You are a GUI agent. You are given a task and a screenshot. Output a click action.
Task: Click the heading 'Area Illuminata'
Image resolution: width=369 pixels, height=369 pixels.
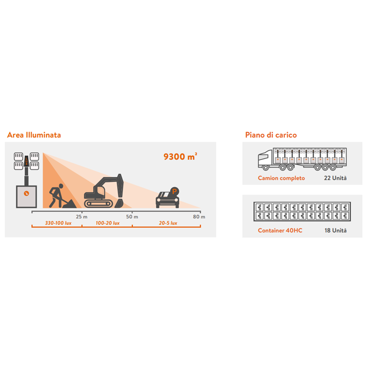34,135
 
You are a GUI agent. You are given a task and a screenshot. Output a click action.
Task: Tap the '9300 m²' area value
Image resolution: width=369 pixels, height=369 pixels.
180,156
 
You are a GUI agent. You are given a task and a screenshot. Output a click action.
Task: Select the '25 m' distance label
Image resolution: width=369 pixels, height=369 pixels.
82,216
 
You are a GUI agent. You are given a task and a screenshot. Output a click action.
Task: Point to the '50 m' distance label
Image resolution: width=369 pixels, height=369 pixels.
132,216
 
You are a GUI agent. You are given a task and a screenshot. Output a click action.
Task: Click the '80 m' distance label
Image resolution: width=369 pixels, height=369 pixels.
199,216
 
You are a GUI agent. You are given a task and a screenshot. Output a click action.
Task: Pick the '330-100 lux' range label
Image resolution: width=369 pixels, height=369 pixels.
58,223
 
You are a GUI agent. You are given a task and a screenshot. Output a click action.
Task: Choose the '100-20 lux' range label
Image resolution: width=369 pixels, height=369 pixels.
107,223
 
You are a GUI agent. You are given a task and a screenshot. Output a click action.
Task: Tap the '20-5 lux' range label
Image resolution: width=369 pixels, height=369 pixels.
168,223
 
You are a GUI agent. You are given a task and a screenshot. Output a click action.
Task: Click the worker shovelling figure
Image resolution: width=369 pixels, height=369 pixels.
56,196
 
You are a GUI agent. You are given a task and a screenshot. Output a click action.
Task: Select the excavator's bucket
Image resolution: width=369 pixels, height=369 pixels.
119,203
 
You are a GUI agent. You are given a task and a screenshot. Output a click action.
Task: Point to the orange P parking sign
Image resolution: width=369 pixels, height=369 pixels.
174,191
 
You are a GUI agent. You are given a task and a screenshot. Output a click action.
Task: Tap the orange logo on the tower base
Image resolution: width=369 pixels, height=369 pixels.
26,193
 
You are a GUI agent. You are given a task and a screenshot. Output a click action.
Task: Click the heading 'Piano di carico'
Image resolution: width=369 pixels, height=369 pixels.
271,135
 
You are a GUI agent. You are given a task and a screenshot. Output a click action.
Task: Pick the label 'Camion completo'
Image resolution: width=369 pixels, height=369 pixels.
281,178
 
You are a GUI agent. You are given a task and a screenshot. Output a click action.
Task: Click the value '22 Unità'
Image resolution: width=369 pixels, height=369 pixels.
335,178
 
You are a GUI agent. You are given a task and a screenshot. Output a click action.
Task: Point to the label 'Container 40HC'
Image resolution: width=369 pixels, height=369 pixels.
280,230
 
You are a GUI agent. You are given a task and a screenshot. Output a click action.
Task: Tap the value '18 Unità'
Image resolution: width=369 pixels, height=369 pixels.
335,230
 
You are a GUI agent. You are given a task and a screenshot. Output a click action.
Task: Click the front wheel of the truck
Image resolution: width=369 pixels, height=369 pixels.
266,168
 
